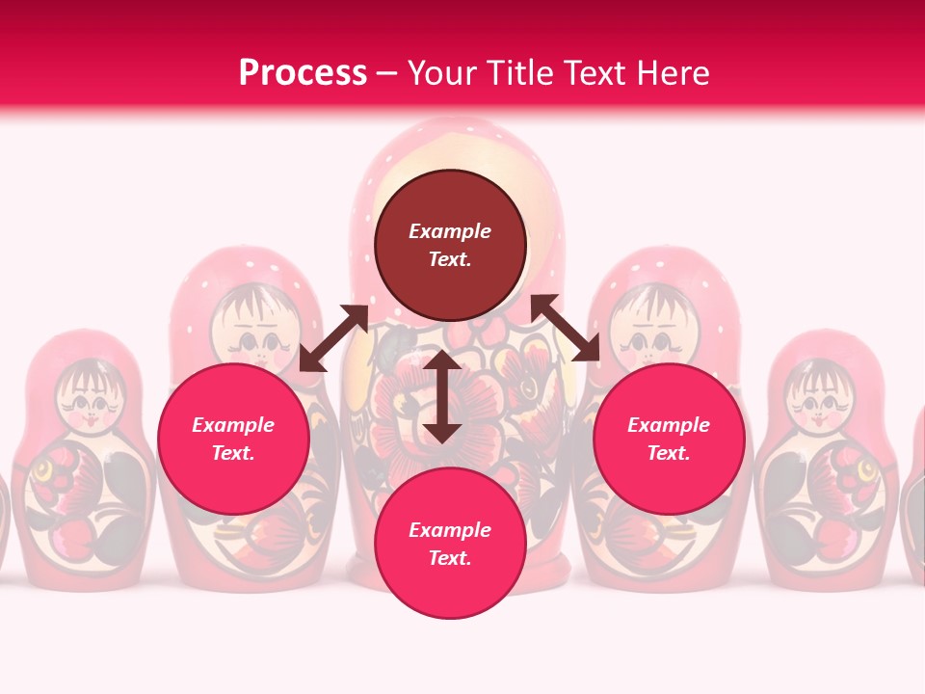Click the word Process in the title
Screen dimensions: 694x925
tap(303, 73)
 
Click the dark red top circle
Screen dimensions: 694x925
tap(450, 245)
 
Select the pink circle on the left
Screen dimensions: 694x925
tap(233, 439)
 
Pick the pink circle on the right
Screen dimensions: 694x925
tap(669, 439)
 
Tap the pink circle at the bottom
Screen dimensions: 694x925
tap(450, 543)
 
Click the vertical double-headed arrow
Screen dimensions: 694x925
tap(442, 396)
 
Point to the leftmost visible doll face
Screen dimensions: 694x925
tap(88, 396)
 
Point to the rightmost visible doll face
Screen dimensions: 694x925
tap(815, 396)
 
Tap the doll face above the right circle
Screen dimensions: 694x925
tap(652, 329)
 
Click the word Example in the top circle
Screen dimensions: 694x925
tap(450, 231)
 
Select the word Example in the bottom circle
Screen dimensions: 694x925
tap(450, 530)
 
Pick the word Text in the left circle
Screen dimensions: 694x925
tap(233, 453)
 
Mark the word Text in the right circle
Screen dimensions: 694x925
tap(669, 453)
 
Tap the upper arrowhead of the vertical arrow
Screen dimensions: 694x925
tap(442, 360)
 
